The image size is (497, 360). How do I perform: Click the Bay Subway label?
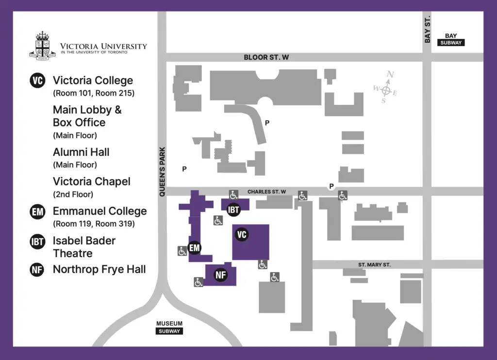(451, 39)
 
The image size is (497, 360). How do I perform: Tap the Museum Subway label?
(169, 327)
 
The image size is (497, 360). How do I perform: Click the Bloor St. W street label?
(266, 57)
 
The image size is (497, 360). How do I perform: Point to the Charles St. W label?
(266, 192)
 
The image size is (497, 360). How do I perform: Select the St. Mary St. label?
(374, 264)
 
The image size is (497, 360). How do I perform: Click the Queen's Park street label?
(162, 172)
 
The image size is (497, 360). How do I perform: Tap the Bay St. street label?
(427, 30)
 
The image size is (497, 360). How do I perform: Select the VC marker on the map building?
(242, 235)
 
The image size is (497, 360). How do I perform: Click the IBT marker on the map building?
(234, 210)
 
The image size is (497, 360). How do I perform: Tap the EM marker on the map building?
(195, 248)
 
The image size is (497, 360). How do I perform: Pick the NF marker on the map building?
(221, 275)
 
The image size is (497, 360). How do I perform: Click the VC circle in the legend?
(37, 81)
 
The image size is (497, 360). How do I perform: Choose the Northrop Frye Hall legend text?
(99, 269)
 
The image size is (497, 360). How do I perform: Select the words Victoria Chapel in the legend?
(92, 181)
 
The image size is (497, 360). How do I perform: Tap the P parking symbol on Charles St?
(331, 186)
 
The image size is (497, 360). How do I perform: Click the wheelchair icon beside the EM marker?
(182, 251)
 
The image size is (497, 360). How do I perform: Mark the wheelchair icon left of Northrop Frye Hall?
(199, 282)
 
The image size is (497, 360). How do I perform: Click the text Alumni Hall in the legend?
(81, 152)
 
